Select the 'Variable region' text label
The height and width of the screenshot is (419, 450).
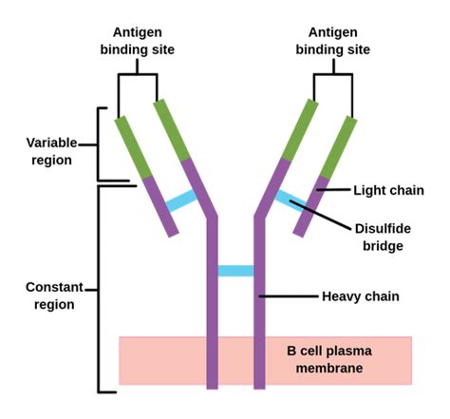(x=50, y=151)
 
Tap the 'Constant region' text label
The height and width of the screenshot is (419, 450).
(x=50, y=295)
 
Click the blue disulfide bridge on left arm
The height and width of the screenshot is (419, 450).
(x=180, y=200)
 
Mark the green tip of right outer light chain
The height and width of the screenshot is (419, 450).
(x=340, y=147)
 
